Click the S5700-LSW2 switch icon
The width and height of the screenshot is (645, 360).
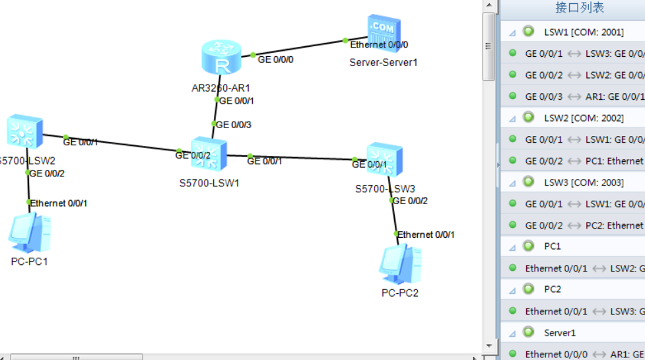click(x=24, y=131)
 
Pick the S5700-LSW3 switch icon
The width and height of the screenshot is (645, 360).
click(x=384, y=159)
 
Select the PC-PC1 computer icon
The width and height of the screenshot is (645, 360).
click(x=29, y=234)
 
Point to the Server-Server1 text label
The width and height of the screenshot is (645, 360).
click(x=383, y=62)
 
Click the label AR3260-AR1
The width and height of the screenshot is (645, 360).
click(x=221, y=87)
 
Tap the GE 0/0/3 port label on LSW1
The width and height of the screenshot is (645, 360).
click(x=234, y=124)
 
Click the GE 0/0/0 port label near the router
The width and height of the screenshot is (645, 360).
click(x=275, y=59)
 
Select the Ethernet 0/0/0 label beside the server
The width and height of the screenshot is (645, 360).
click(x=379, y=45)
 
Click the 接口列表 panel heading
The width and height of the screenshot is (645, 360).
click(x=579, y=8)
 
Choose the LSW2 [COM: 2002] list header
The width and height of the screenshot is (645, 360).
click(x=584, y=118)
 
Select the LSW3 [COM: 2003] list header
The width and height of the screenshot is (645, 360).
click(x=584, y=182)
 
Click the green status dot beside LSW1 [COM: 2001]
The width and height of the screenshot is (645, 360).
click(x=528, y=31)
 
